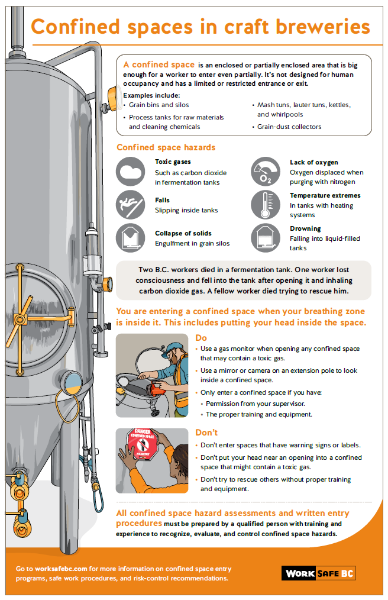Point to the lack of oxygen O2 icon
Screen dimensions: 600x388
click(266, 172)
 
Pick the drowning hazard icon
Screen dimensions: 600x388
click(266, 238)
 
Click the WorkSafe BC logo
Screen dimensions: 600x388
click(319, 573)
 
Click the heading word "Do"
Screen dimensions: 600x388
click(202, 337)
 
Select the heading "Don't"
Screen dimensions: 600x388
click(206, 433)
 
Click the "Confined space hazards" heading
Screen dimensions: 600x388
click(166, 147)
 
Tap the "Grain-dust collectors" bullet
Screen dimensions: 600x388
click(289, 127)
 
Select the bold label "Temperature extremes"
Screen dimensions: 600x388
click(325, 195)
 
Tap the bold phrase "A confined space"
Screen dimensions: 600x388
click(159, 64)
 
